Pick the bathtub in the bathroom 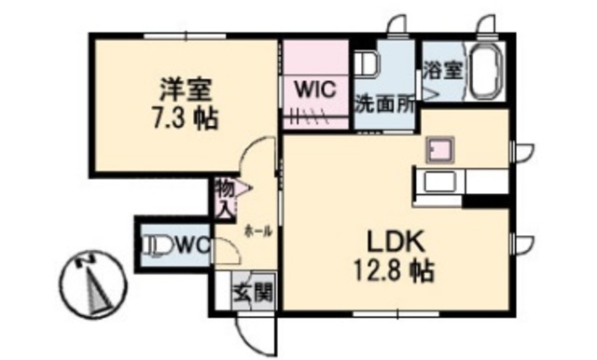point(486,71)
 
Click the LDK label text point(394,241)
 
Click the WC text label point(190,245)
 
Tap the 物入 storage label point(224,198)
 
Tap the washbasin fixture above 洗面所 point(366,66)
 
